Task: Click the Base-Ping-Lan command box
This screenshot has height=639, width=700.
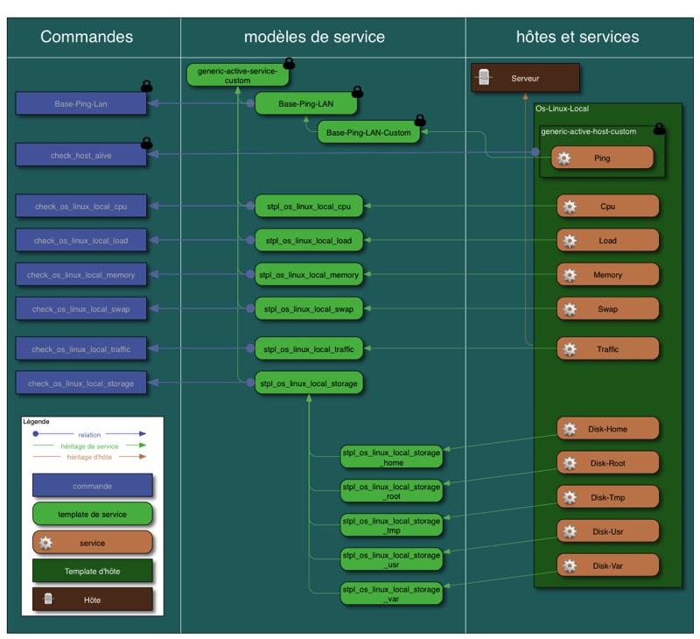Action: (80, 103)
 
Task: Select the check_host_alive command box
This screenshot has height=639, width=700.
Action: (80, 156)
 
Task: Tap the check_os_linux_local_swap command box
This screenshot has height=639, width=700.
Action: (80, 309)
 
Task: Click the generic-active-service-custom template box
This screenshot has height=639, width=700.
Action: (237, 74)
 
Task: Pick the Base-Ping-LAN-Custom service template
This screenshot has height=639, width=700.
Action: (368, 134)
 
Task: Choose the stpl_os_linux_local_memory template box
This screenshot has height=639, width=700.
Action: (308, 275)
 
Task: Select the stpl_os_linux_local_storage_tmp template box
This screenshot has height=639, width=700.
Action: (391, 525)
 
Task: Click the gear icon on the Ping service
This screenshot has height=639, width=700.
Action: (564, 158)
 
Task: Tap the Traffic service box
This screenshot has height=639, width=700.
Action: (607, 349)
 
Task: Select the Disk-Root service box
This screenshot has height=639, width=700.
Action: (607, 463)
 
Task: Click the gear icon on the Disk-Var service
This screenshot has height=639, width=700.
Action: (570, 565)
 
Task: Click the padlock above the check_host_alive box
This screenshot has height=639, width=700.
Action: (147, 142)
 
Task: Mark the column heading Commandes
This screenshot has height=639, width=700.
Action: (87, 37)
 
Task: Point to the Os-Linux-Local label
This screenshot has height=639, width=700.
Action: (562, 109)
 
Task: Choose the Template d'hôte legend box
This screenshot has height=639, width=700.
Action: (92, 572)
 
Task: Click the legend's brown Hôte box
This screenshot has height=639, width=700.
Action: (92, 600)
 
